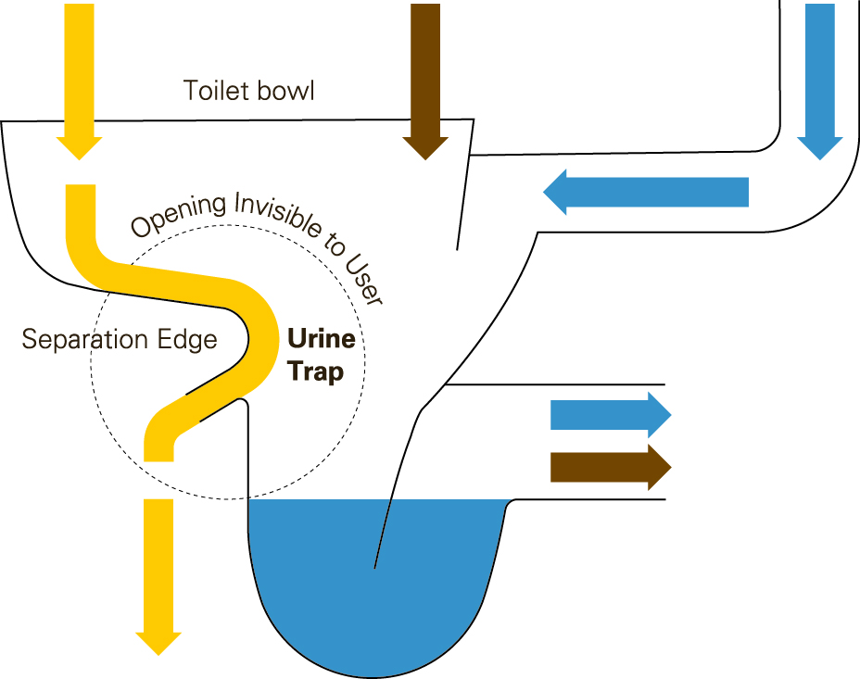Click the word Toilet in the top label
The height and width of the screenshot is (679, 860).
click(216, 91)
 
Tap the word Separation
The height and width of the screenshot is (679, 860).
click(85, 340)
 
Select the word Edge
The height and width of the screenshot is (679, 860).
click(187, 340)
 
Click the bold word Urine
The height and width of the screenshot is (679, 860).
click(322, 339)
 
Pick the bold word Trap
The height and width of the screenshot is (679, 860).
click(316, 371)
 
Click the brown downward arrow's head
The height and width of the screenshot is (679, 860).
click(425, 147)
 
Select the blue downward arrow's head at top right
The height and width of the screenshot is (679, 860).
click(820, 147)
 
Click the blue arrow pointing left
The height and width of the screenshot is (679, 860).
click(646, 193)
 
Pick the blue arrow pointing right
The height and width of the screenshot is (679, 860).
click(611, 415)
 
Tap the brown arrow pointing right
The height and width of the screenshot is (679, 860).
click(611, 468)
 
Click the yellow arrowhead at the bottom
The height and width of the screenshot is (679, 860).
click(158, 644)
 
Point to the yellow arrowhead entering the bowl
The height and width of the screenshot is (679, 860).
click(80, 147)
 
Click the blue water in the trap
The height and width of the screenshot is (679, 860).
click(373, 581)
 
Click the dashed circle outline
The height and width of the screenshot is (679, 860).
click(91, 361)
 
